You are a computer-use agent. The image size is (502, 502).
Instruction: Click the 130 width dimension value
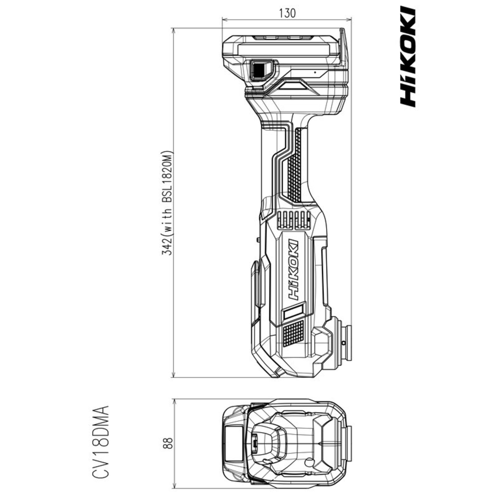coord(287,13)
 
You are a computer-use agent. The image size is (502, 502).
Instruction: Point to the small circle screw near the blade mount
coord(344,343)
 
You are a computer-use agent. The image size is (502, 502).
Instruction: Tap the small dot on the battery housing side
coord(315,72)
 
